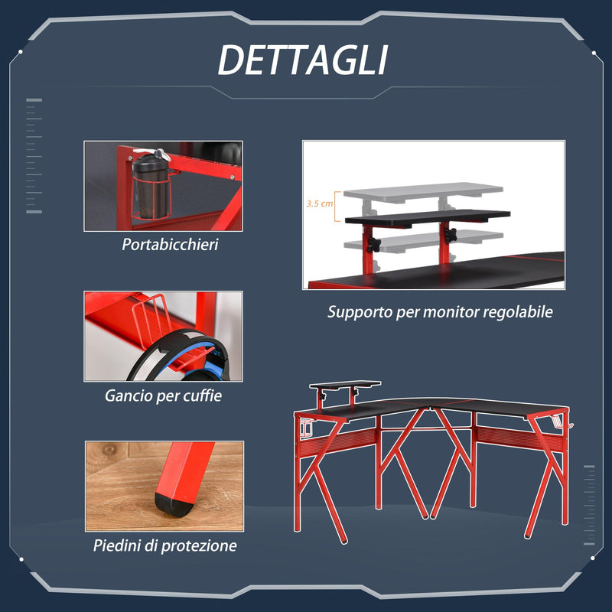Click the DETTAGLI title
(303, 60)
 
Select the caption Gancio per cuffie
(164, 396)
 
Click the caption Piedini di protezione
(165, 545)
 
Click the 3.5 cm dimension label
(317, 204)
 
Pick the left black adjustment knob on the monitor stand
(374, 244)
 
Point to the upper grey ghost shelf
(423, 190)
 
